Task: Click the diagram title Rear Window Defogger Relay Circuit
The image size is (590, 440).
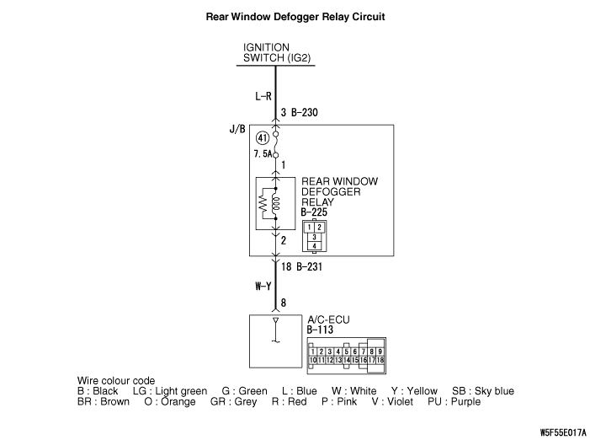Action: pos(295,16)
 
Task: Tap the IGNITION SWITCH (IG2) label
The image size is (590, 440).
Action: pos(267,53)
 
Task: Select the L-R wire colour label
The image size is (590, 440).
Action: pos(263,96)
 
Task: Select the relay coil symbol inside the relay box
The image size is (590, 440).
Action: pos(277,202)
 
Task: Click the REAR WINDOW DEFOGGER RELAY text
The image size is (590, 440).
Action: pos(339,192)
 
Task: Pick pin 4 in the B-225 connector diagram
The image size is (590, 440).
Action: pos(314,246)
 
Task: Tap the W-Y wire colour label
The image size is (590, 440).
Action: pos(263,286)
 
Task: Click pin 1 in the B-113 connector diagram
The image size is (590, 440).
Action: pos(313,351)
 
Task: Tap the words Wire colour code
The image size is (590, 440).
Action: pos(116,381)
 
